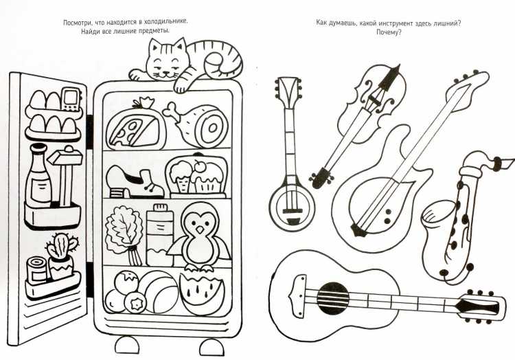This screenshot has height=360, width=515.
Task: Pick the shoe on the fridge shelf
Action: (x=134, y=183)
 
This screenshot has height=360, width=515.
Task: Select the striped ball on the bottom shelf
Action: (x=160, y=292)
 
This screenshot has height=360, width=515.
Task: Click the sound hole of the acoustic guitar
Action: (x=333, y=298)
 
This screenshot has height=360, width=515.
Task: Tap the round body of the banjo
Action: (x=292, y=206)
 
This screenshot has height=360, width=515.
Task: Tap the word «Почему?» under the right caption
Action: (x=389, y=32)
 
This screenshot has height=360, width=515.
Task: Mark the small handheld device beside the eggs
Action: (x=71, y=98)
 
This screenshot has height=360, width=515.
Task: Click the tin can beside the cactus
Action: (x=37, y=271)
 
